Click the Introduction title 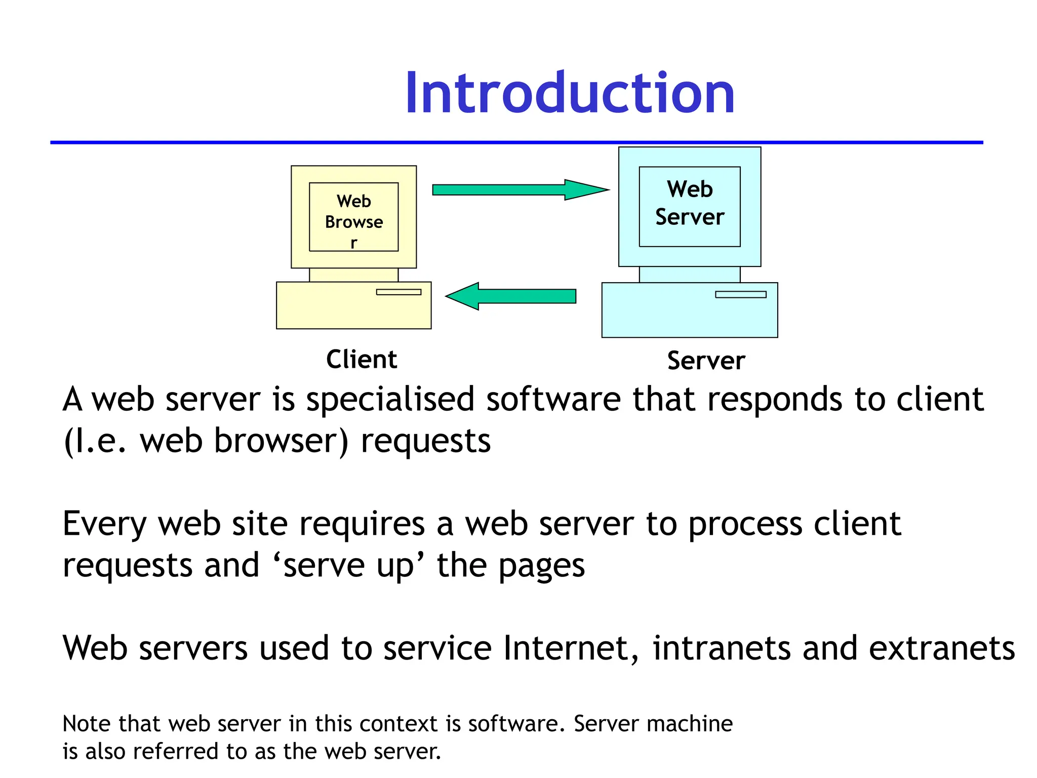click(x=570, y=94)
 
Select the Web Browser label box click(x=353, y=217)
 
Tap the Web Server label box click(x=690, y=206)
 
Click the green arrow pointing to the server click(x=521, y=190)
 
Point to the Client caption click(x=362, y=360)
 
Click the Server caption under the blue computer click(x=706, y=361)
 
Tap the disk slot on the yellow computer click(x=398, y=292)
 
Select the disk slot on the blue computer click(x=740, y=295)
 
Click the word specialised click(x=390, y=400)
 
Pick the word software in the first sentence click(x=553, y=399)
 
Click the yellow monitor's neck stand click(x=353, y=275)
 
